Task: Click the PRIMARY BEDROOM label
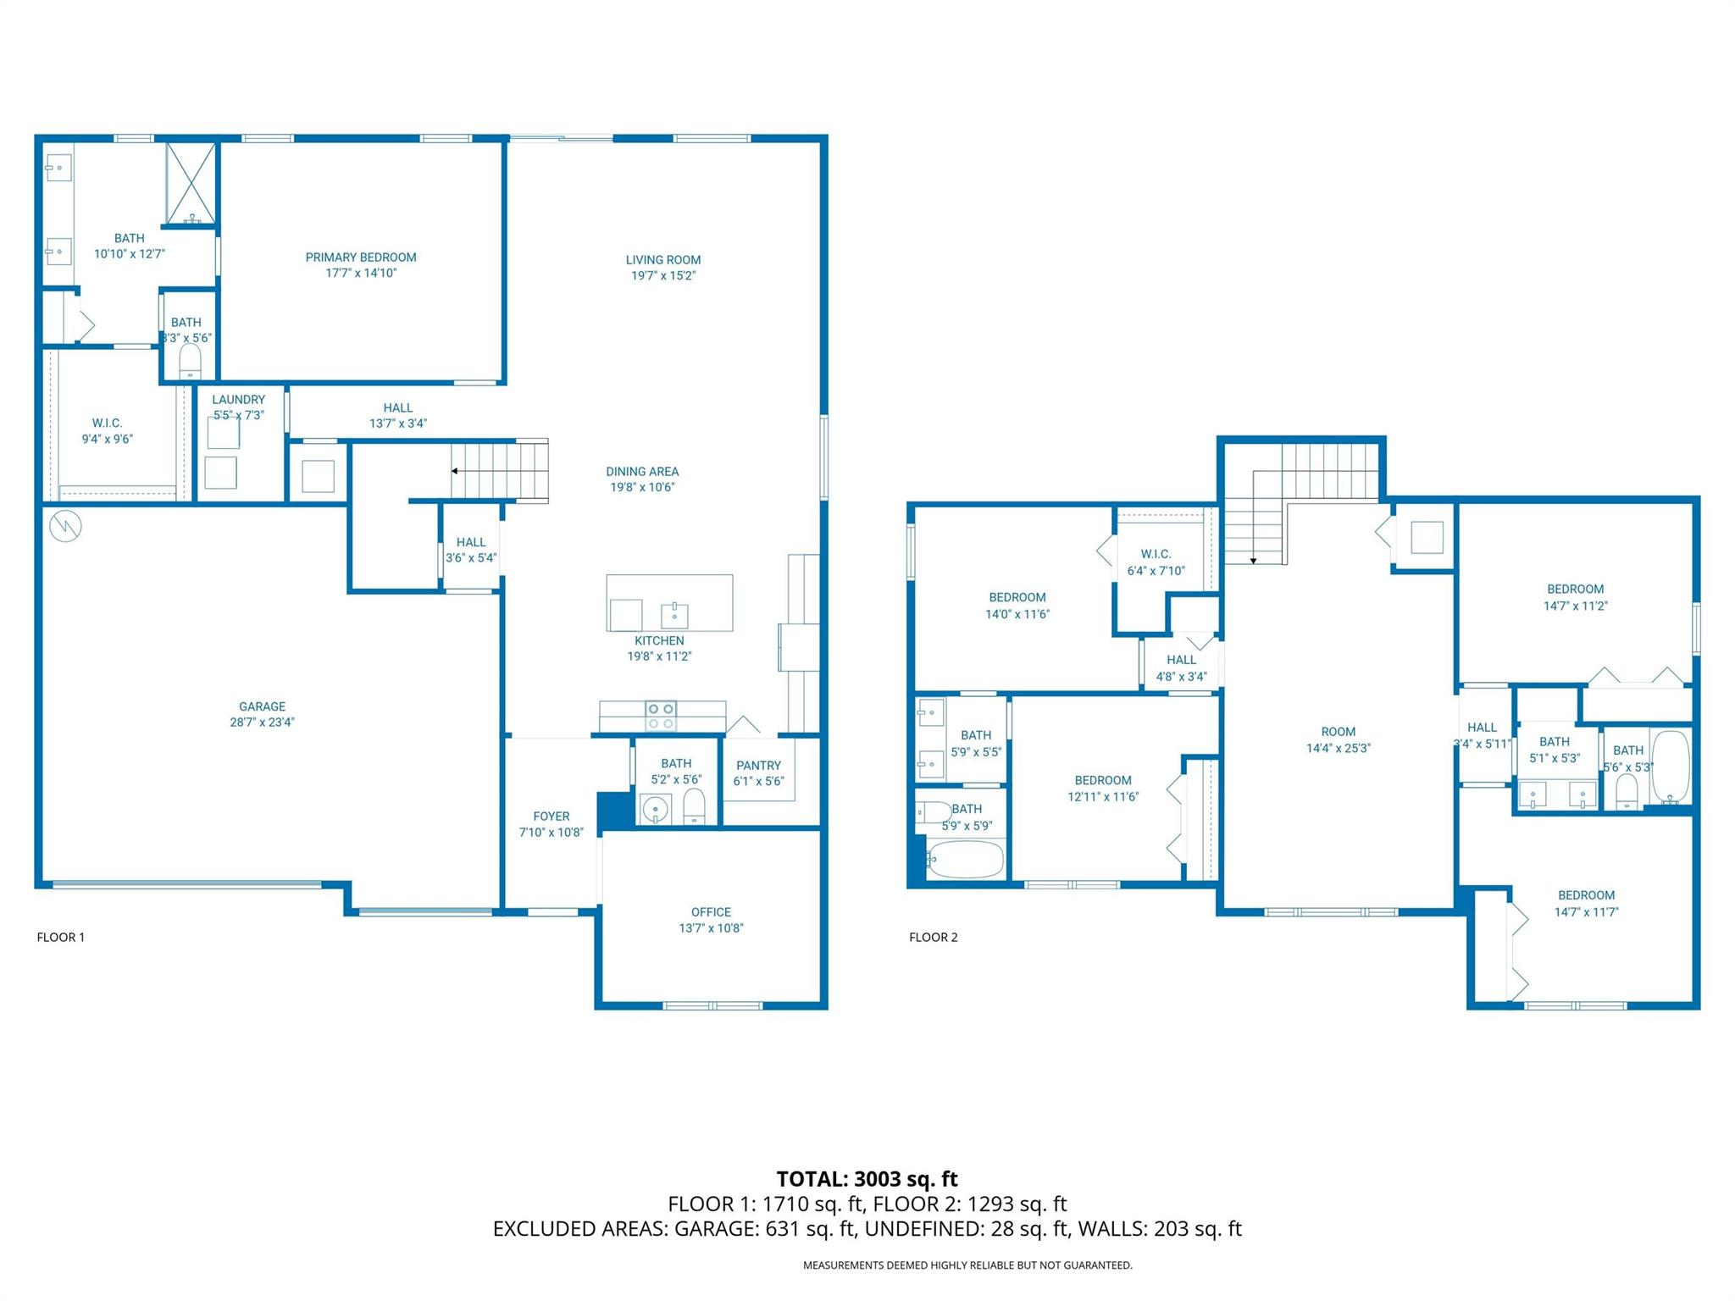click(x=361, y=257)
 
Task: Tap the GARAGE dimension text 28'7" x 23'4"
click(x=262, y=722)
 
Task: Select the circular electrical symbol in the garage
click(x=65, y=527)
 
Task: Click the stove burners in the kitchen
click(x=661, y=716)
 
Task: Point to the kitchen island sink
click(x=674, y=614)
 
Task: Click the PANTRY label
click(x=758, y=766)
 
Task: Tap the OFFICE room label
click(x=711, y=912)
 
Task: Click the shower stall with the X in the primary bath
click(x=191, y=183)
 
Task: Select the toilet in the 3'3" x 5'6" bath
click(x=191, y=363)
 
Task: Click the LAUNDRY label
click(x=239, y=400)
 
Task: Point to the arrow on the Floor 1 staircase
click(x=456, y=471)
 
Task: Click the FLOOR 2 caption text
click(x=933, y=937)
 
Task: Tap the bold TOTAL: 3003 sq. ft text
click(x=867, y=1179)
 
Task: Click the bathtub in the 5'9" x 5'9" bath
click(x=966, y=859)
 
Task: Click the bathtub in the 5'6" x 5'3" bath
click(x=1670, y=767)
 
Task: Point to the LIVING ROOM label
click(x=662, y=260)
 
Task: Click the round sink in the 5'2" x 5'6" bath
click(x=654, y=810)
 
